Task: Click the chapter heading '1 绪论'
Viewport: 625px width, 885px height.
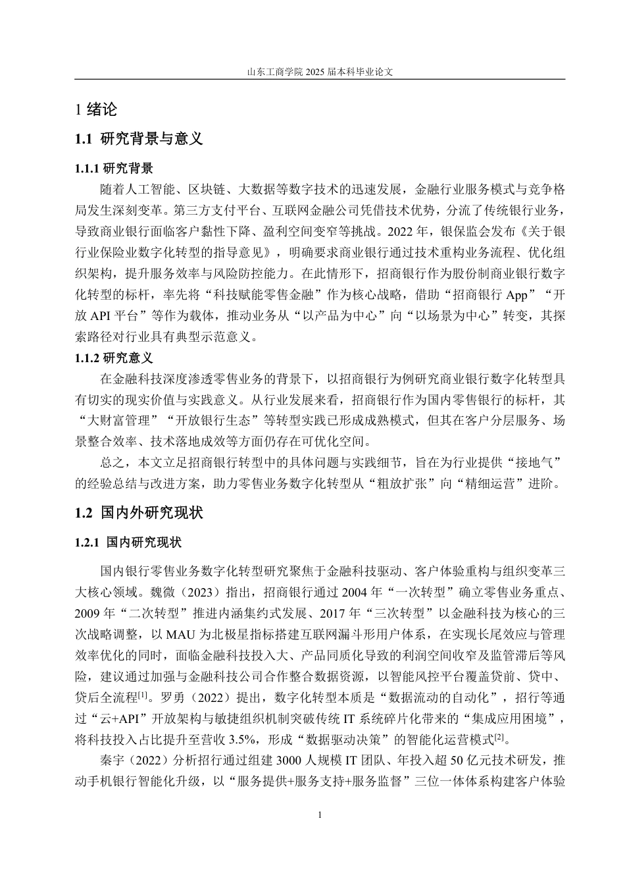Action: [x=96, y=110]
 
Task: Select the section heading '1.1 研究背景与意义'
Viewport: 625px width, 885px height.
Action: [x=139, y=139]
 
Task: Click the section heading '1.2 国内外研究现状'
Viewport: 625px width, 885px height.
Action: [x=139, y=513]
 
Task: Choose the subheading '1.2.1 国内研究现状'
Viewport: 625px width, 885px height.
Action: [x=128, y=543]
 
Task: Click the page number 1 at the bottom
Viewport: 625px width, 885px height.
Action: [x=320, y=815]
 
